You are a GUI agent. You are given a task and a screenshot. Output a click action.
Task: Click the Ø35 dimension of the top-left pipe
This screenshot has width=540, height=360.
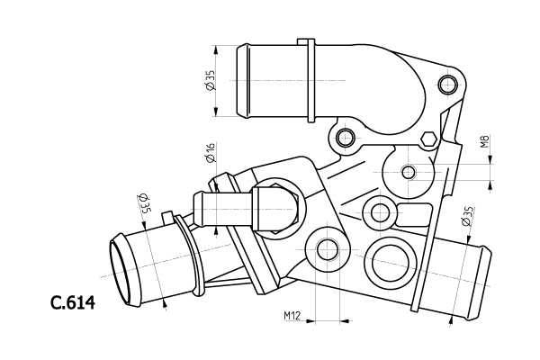point(210,81)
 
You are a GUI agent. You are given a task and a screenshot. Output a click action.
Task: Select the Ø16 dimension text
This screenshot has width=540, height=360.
point(209,153)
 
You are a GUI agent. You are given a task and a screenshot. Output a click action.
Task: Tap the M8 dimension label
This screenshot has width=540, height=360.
point(484,141)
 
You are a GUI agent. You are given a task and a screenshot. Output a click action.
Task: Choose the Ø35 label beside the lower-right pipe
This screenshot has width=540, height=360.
point(467,216)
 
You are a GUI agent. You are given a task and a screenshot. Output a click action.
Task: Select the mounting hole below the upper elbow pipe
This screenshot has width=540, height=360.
point(344,138)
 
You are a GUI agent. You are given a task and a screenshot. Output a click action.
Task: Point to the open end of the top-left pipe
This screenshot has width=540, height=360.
point(242,81)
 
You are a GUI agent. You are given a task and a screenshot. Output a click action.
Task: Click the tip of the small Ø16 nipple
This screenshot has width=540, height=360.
point(198,210)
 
